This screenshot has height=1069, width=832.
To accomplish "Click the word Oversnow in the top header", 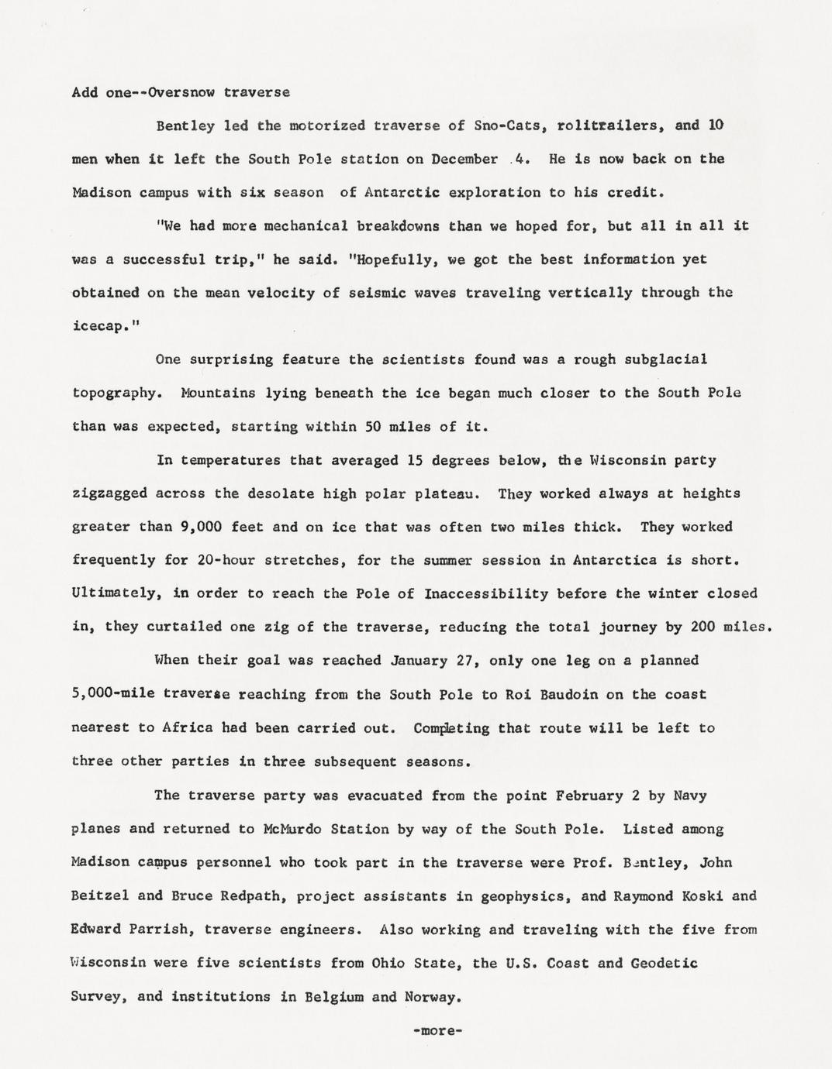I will pyautogui.click(x=180, y=92).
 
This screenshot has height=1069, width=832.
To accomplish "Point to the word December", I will pyautogui.click(x=464, y=159).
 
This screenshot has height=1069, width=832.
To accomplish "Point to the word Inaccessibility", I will pyautogui.click(x=486, y=594).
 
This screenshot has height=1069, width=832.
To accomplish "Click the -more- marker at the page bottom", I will pyautogui.click(x=438, y=1031).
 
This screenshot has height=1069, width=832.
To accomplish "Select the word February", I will pyautogui.click(x=589, y=796).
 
